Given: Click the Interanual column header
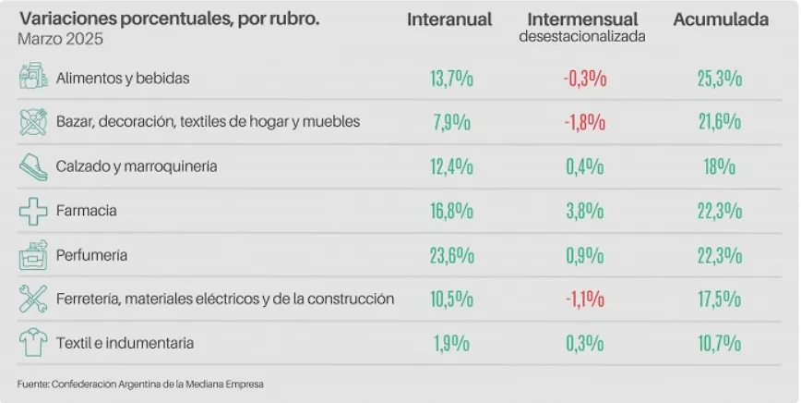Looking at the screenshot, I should [449, 20].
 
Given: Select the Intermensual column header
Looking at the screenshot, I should [582, 20].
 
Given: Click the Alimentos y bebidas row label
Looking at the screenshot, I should [123, 78].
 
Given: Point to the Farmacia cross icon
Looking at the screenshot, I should [33, 212].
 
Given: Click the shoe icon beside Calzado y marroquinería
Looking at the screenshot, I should [33, 166].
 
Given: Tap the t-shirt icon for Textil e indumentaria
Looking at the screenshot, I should [33, 343].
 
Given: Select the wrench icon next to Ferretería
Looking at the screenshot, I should [33, 299].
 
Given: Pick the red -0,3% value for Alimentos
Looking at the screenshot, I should [584, 79].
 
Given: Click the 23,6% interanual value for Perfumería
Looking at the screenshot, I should [451, 255].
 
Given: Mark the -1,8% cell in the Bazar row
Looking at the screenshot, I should [584, 122].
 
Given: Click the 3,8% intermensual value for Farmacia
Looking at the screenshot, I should [584, 212].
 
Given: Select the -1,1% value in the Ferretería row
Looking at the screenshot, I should [584, 299].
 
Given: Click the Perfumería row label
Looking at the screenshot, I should [91, 254].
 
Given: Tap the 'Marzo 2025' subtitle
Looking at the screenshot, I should [60, 40].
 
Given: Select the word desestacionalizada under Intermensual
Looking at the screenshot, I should [582, 37].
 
